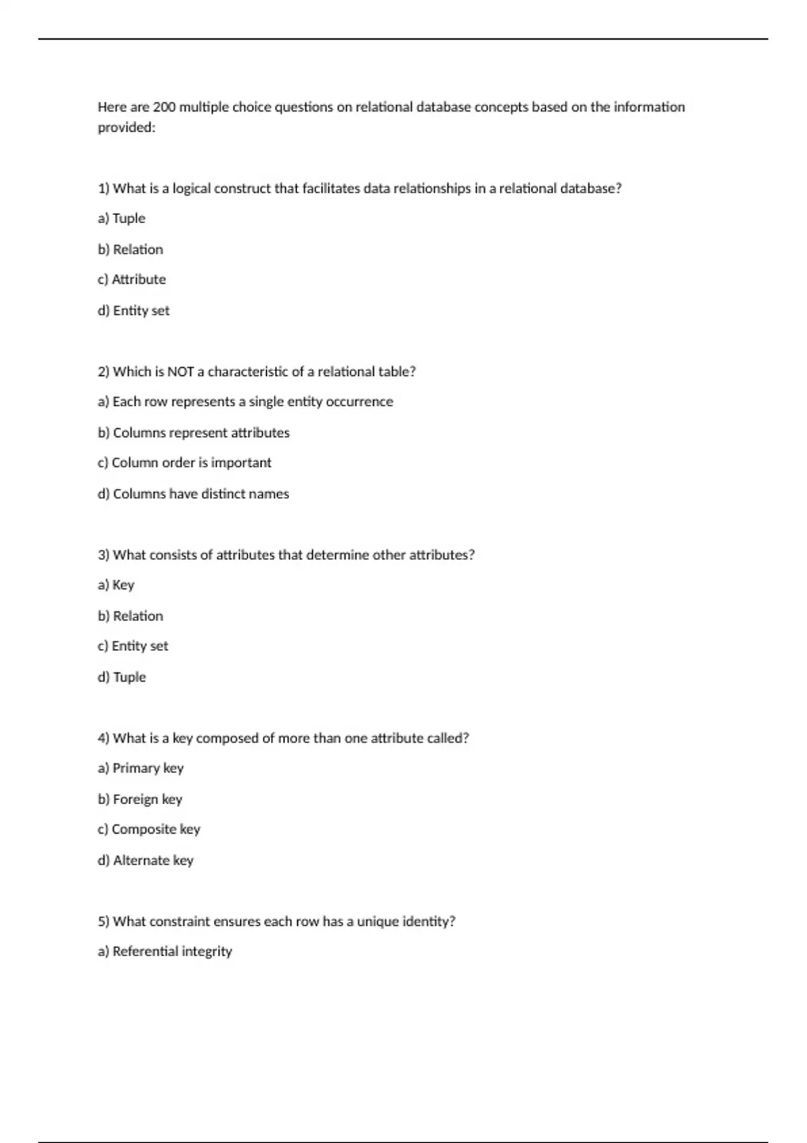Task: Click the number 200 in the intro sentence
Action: [x=164, y=107]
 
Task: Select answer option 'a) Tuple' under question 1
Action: [x=122, y=219]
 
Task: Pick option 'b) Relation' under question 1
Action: [x=130, y=249]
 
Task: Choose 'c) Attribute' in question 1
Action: [x=132, y=280]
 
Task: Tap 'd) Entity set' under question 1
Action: [x=134, y=311]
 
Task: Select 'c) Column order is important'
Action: [x=184, y=463]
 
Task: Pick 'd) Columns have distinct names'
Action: [x=193, y=494]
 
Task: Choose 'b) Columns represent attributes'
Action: [x=194, y=432]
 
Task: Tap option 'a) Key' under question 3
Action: [x=116, y=585]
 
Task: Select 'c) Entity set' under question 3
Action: [x=133, y=646]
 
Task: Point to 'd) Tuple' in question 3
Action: [x=122, y=677]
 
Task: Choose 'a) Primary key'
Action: [x=141, y=768]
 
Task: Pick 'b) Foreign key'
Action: [x=140, y=799]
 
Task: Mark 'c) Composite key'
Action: [x=149, y=829]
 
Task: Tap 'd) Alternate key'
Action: [x=145, y=860]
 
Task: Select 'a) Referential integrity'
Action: [x=165, y=951]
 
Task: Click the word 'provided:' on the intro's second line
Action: [x=126, y=128]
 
